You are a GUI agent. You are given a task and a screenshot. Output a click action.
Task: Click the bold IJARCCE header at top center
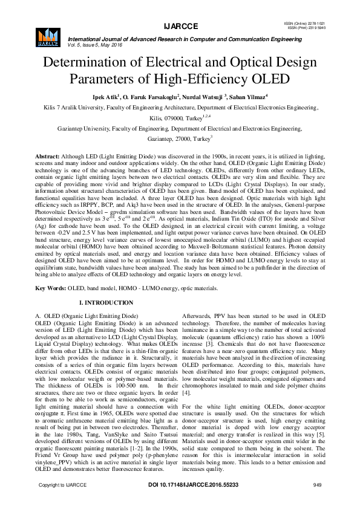click(x=180, y=26)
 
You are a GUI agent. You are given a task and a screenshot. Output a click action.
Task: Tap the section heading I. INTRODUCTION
click(x=108, y=302)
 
